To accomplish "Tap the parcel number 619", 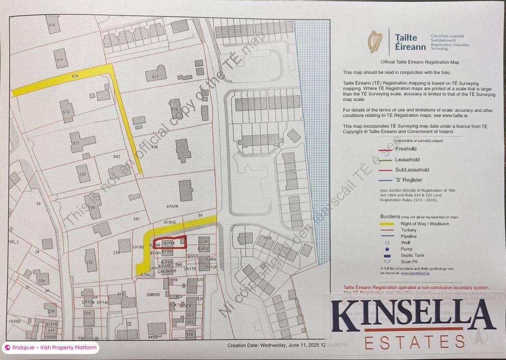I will point(52,25).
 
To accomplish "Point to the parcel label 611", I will point(59,60).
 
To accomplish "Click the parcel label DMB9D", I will point(153,294).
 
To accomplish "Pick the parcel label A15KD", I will point(169,222).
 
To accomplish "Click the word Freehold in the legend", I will point(406,149).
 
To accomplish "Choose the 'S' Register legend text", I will point(407,180).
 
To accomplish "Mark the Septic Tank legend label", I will point(413,255).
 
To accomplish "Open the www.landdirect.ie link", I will point(415,273).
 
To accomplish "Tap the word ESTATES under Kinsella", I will point(414,342).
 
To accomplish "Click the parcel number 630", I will point(154,147).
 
